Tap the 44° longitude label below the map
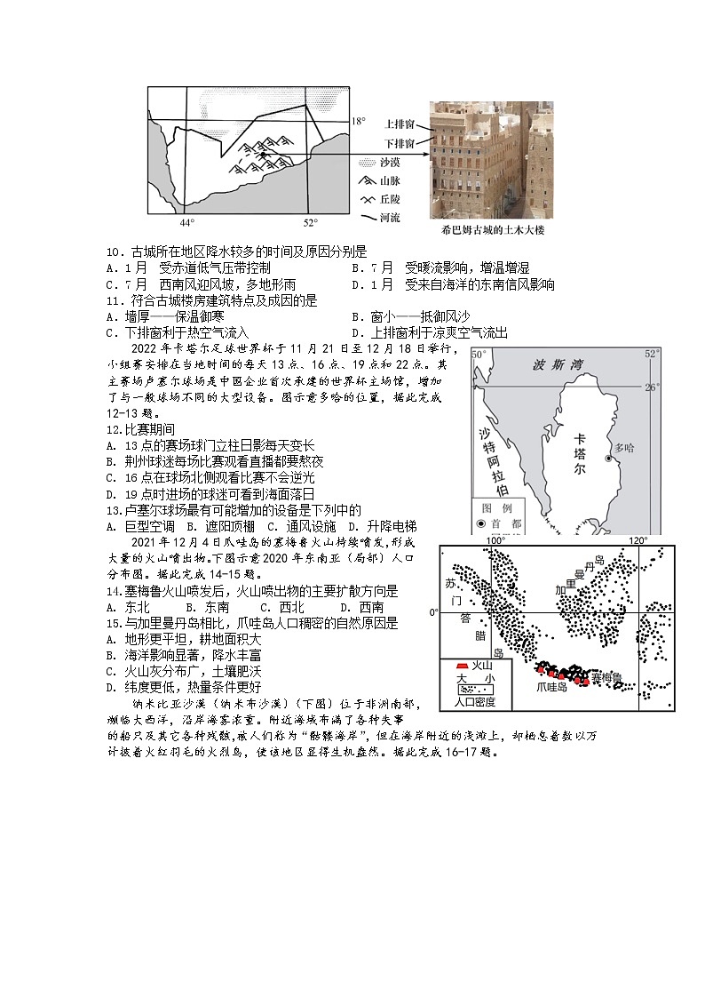[187, 223]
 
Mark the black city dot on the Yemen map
[263, 155]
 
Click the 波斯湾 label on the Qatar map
[555, 365]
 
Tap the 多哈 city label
[626, 449]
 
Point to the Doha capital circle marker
[608, 459]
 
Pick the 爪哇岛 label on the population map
[551, 687]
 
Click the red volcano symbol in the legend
[459, 666]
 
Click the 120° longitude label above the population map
[638, 540]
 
